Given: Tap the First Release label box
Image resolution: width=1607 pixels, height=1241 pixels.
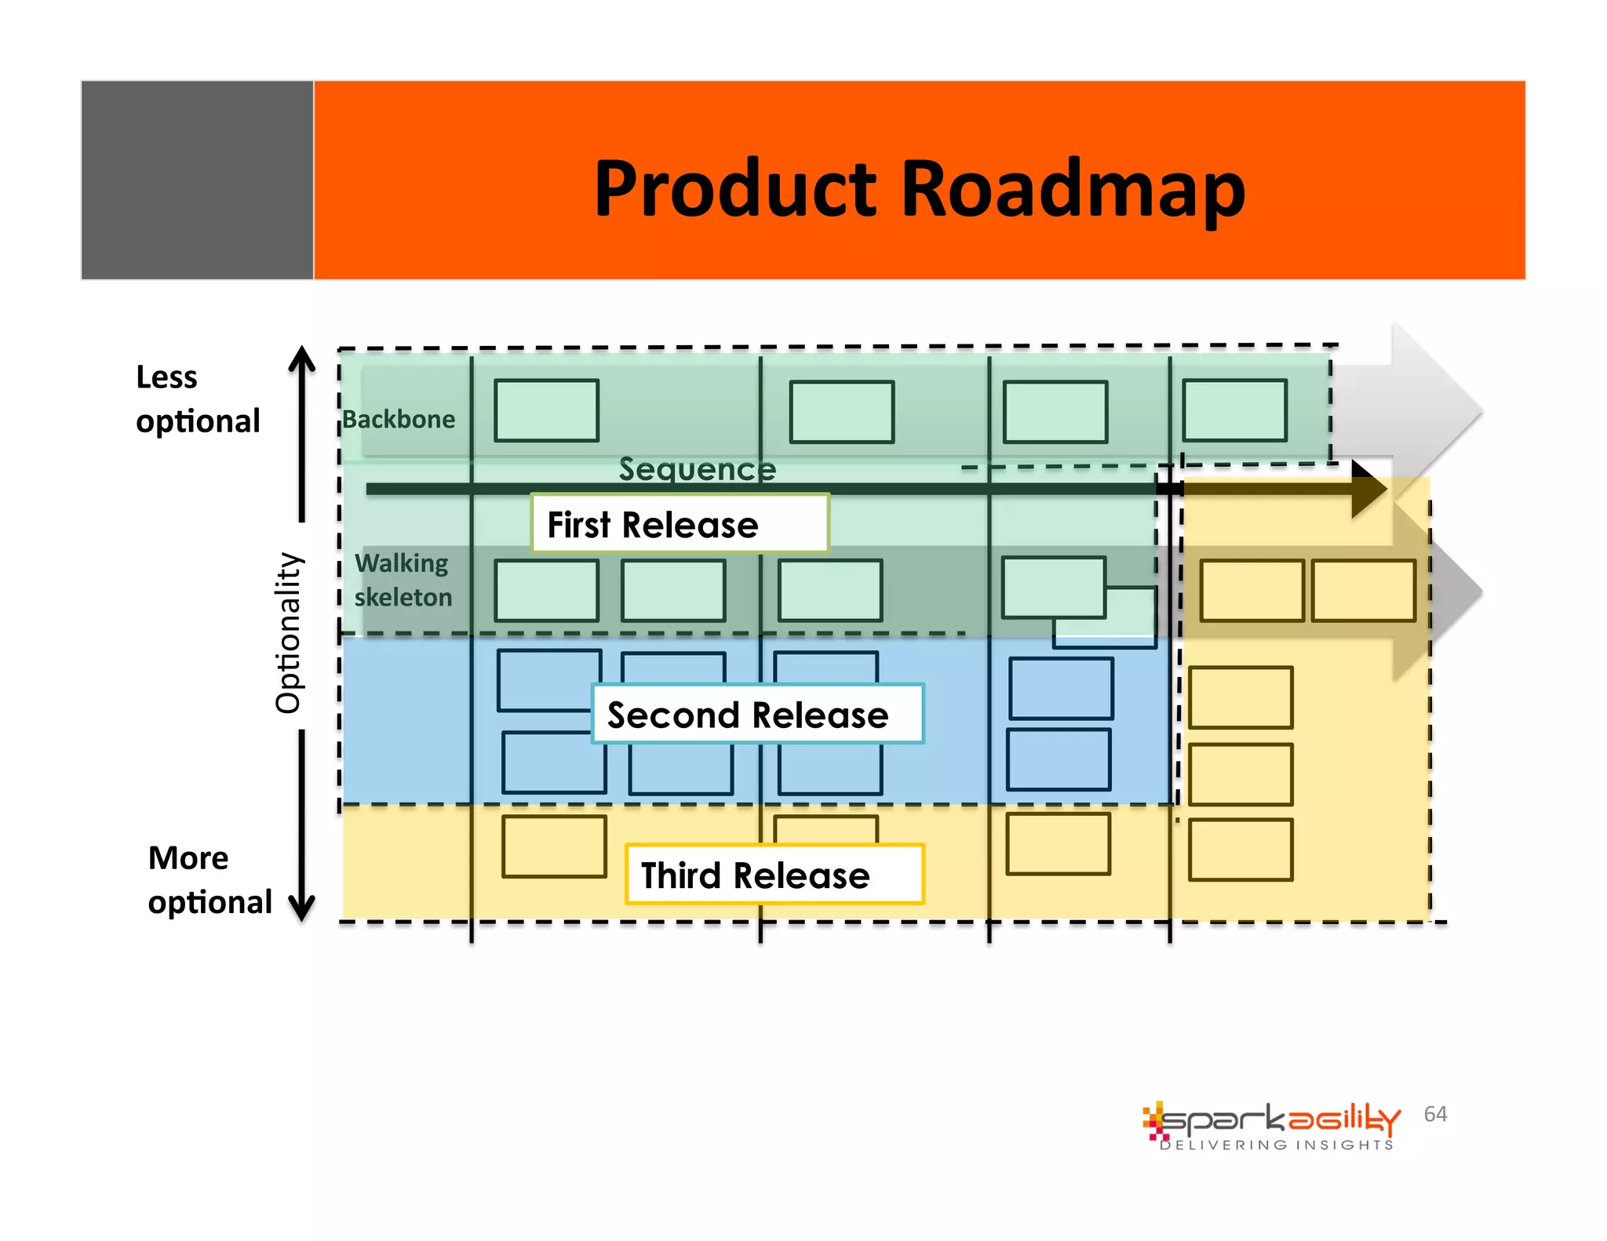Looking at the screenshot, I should pos(680,524).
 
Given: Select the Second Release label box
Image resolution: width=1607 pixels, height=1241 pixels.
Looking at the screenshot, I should pos(757,715).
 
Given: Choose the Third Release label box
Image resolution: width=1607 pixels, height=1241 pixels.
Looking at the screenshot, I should pos(774,875).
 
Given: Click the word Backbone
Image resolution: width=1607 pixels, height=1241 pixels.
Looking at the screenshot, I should pos(399,420).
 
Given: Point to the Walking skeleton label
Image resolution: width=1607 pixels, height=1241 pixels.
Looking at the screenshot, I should pos(403,580).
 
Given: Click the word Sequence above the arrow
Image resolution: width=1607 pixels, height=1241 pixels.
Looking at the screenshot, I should pos(697,469).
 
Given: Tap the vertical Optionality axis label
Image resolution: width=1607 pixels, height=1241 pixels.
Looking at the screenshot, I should pos(289,632).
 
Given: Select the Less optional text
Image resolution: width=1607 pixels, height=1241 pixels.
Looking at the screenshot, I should pos(197,399).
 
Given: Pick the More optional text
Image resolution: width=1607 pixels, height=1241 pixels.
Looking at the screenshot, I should pos(209,880).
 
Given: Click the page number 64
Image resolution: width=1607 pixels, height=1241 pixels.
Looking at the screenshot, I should pos(1435,1114).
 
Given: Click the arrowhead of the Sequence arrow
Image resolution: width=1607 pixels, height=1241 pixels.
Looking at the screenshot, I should pos(1368,489).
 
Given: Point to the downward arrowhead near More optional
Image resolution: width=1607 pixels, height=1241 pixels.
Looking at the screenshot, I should pos(302,908).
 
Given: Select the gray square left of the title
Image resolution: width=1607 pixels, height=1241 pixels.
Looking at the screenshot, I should pos(197,180).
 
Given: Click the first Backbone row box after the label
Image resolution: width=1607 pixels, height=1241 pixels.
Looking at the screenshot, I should pos(546,411).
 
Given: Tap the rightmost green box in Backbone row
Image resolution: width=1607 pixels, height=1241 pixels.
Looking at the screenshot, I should pos(1234,411).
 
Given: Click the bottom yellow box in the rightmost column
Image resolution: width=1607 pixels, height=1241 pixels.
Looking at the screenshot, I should pos(1240,850).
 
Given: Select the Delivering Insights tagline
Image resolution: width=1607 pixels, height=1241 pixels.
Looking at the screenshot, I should pos(1276,1145).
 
